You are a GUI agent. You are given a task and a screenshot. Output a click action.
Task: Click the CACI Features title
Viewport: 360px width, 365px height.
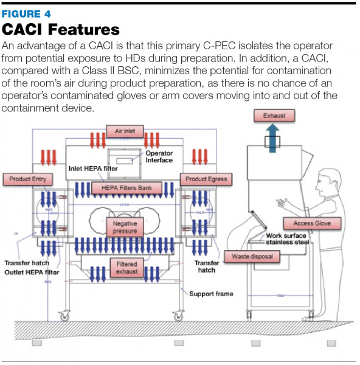point(61,29)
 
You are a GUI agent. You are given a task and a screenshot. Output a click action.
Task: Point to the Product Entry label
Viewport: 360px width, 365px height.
point(27,179)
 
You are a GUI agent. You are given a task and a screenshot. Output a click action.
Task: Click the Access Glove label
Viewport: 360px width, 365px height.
point(312,223)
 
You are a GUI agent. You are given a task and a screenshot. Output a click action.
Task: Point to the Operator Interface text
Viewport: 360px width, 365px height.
point(159,156)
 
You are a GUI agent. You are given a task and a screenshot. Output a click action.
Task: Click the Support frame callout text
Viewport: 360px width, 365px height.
point(210,294)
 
